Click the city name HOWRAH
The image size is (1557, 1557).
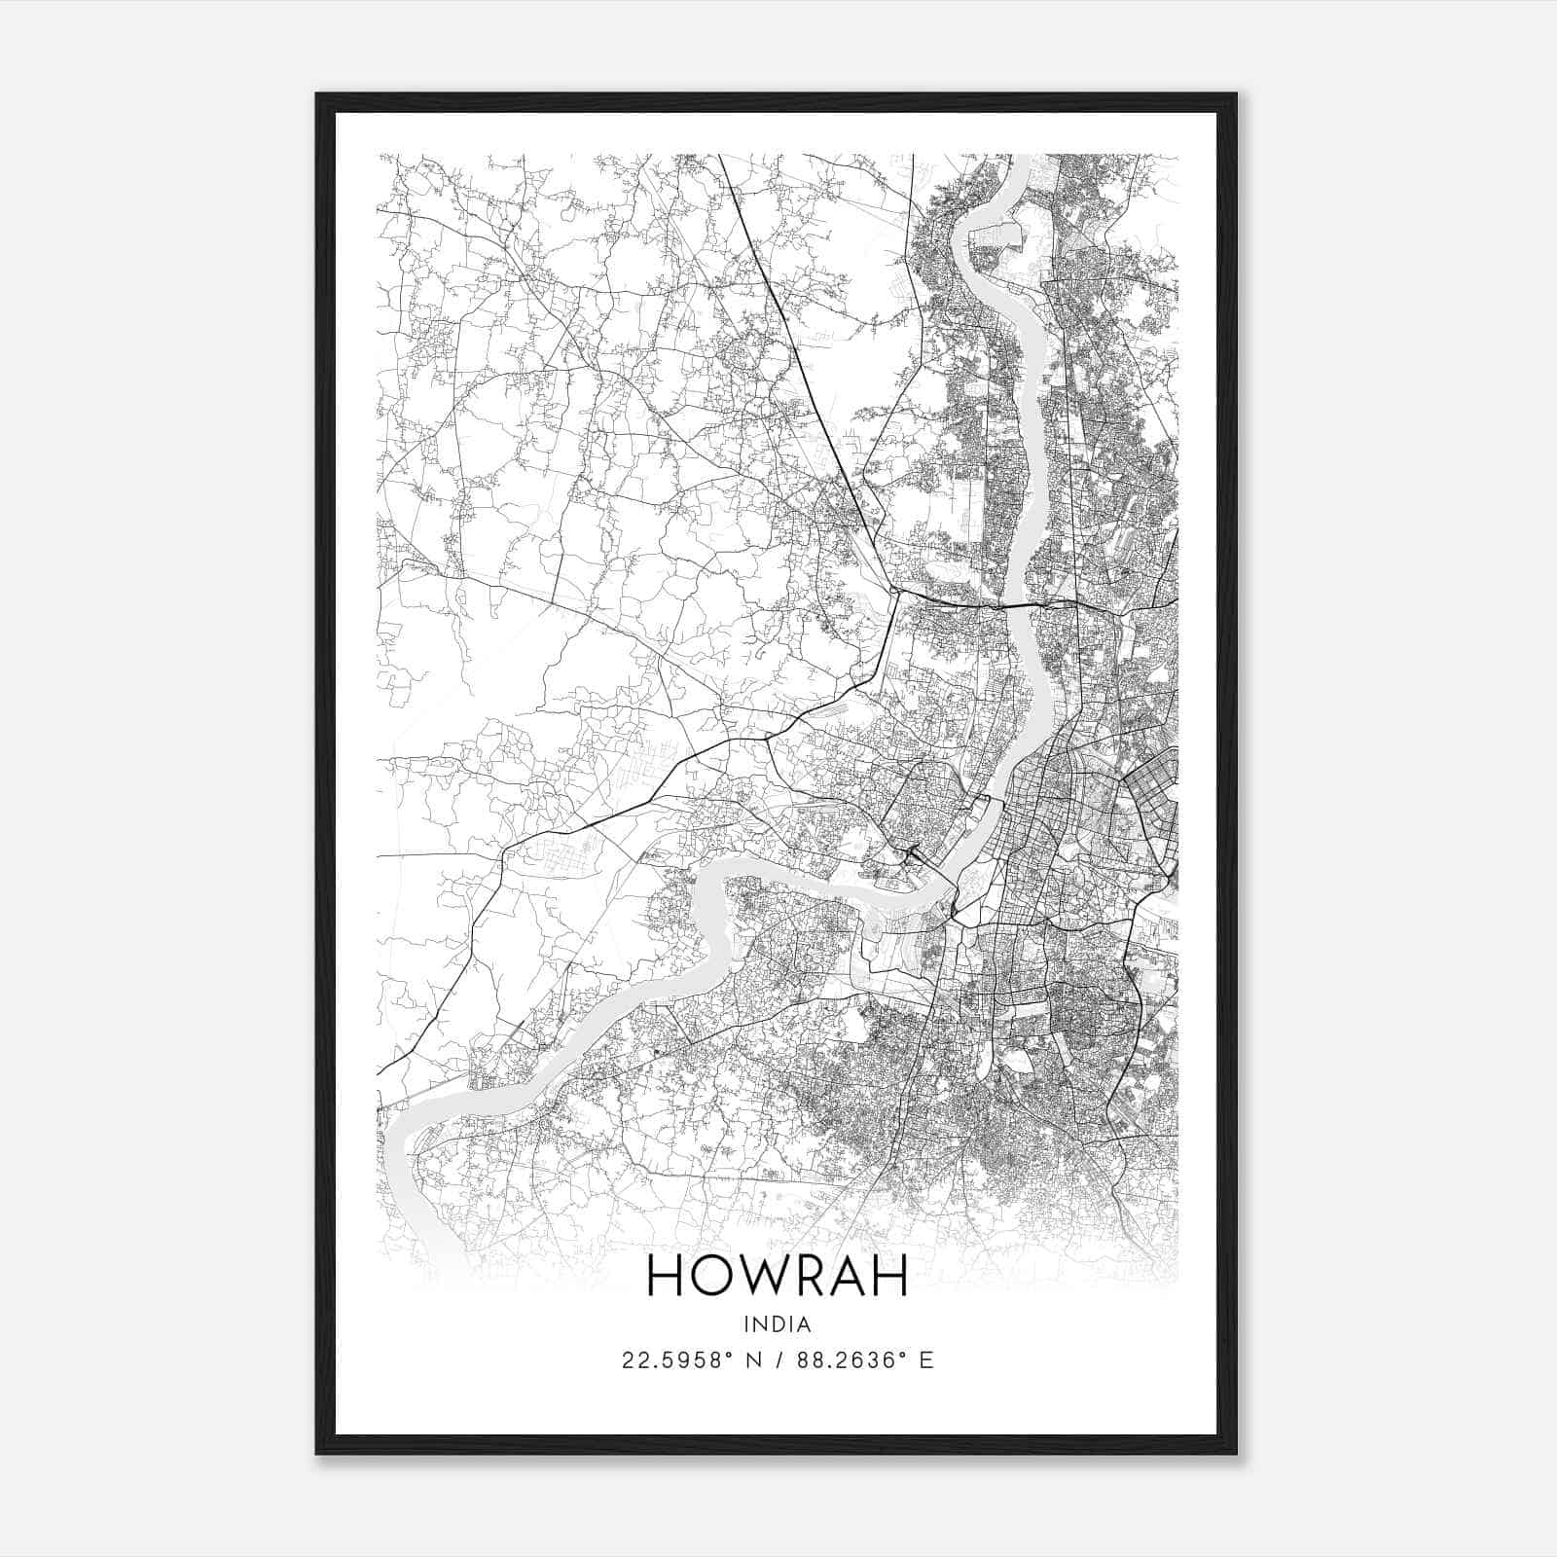777,1276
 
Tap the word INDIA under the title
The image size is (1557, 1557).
777,1324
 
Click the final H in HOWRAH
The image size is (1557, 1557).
889,1276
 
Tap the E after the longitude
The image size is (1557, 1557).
925,1360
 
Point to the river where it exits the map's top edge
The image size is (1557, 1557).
1021,158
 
